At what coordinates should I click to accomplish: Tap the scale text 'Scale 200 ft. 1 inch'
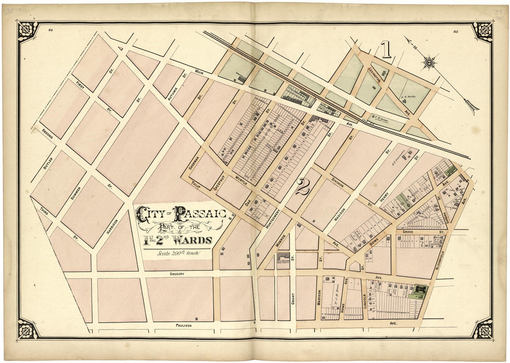tap(178, 253)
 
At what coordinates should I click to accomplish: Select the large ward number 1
tap(386, 50)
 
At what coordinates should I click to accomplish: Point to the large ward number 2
tap(302, 187)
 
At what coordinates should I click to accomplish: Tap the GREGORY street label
tap(177, 274)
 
